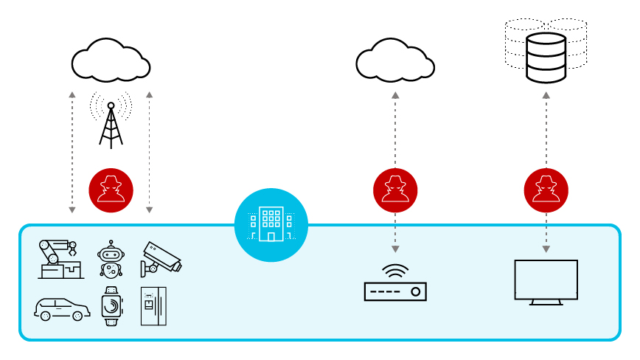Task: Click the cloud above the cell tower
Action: point(111,61)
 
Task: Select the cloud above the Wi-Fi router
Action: point(395,61)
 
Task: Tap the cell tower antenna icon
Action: point(111,122)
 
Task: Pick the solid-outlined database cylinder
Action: point(546,58)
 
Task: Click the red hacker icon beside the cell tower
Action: point(111,190)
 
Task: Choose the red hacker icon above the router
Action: point(395,190)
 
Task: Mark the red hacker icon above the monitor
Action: point(546,190)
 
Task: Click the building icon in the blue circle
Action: point(271,224)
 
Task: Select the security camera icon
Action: point(160,259)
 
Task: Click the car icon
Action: point(62,308)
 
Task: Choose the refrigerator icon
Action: point(153,305)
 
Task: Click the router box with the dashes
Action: point(395,291)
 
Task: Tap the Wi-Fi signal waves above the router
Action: point(395,271)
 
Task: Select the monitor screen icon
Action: point(546,280)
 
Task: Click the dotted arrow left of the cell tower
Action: point(72,153)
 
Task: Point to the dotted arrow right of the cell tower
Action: point(149,153)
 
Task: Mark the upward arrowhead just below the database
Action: point(546,95)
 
